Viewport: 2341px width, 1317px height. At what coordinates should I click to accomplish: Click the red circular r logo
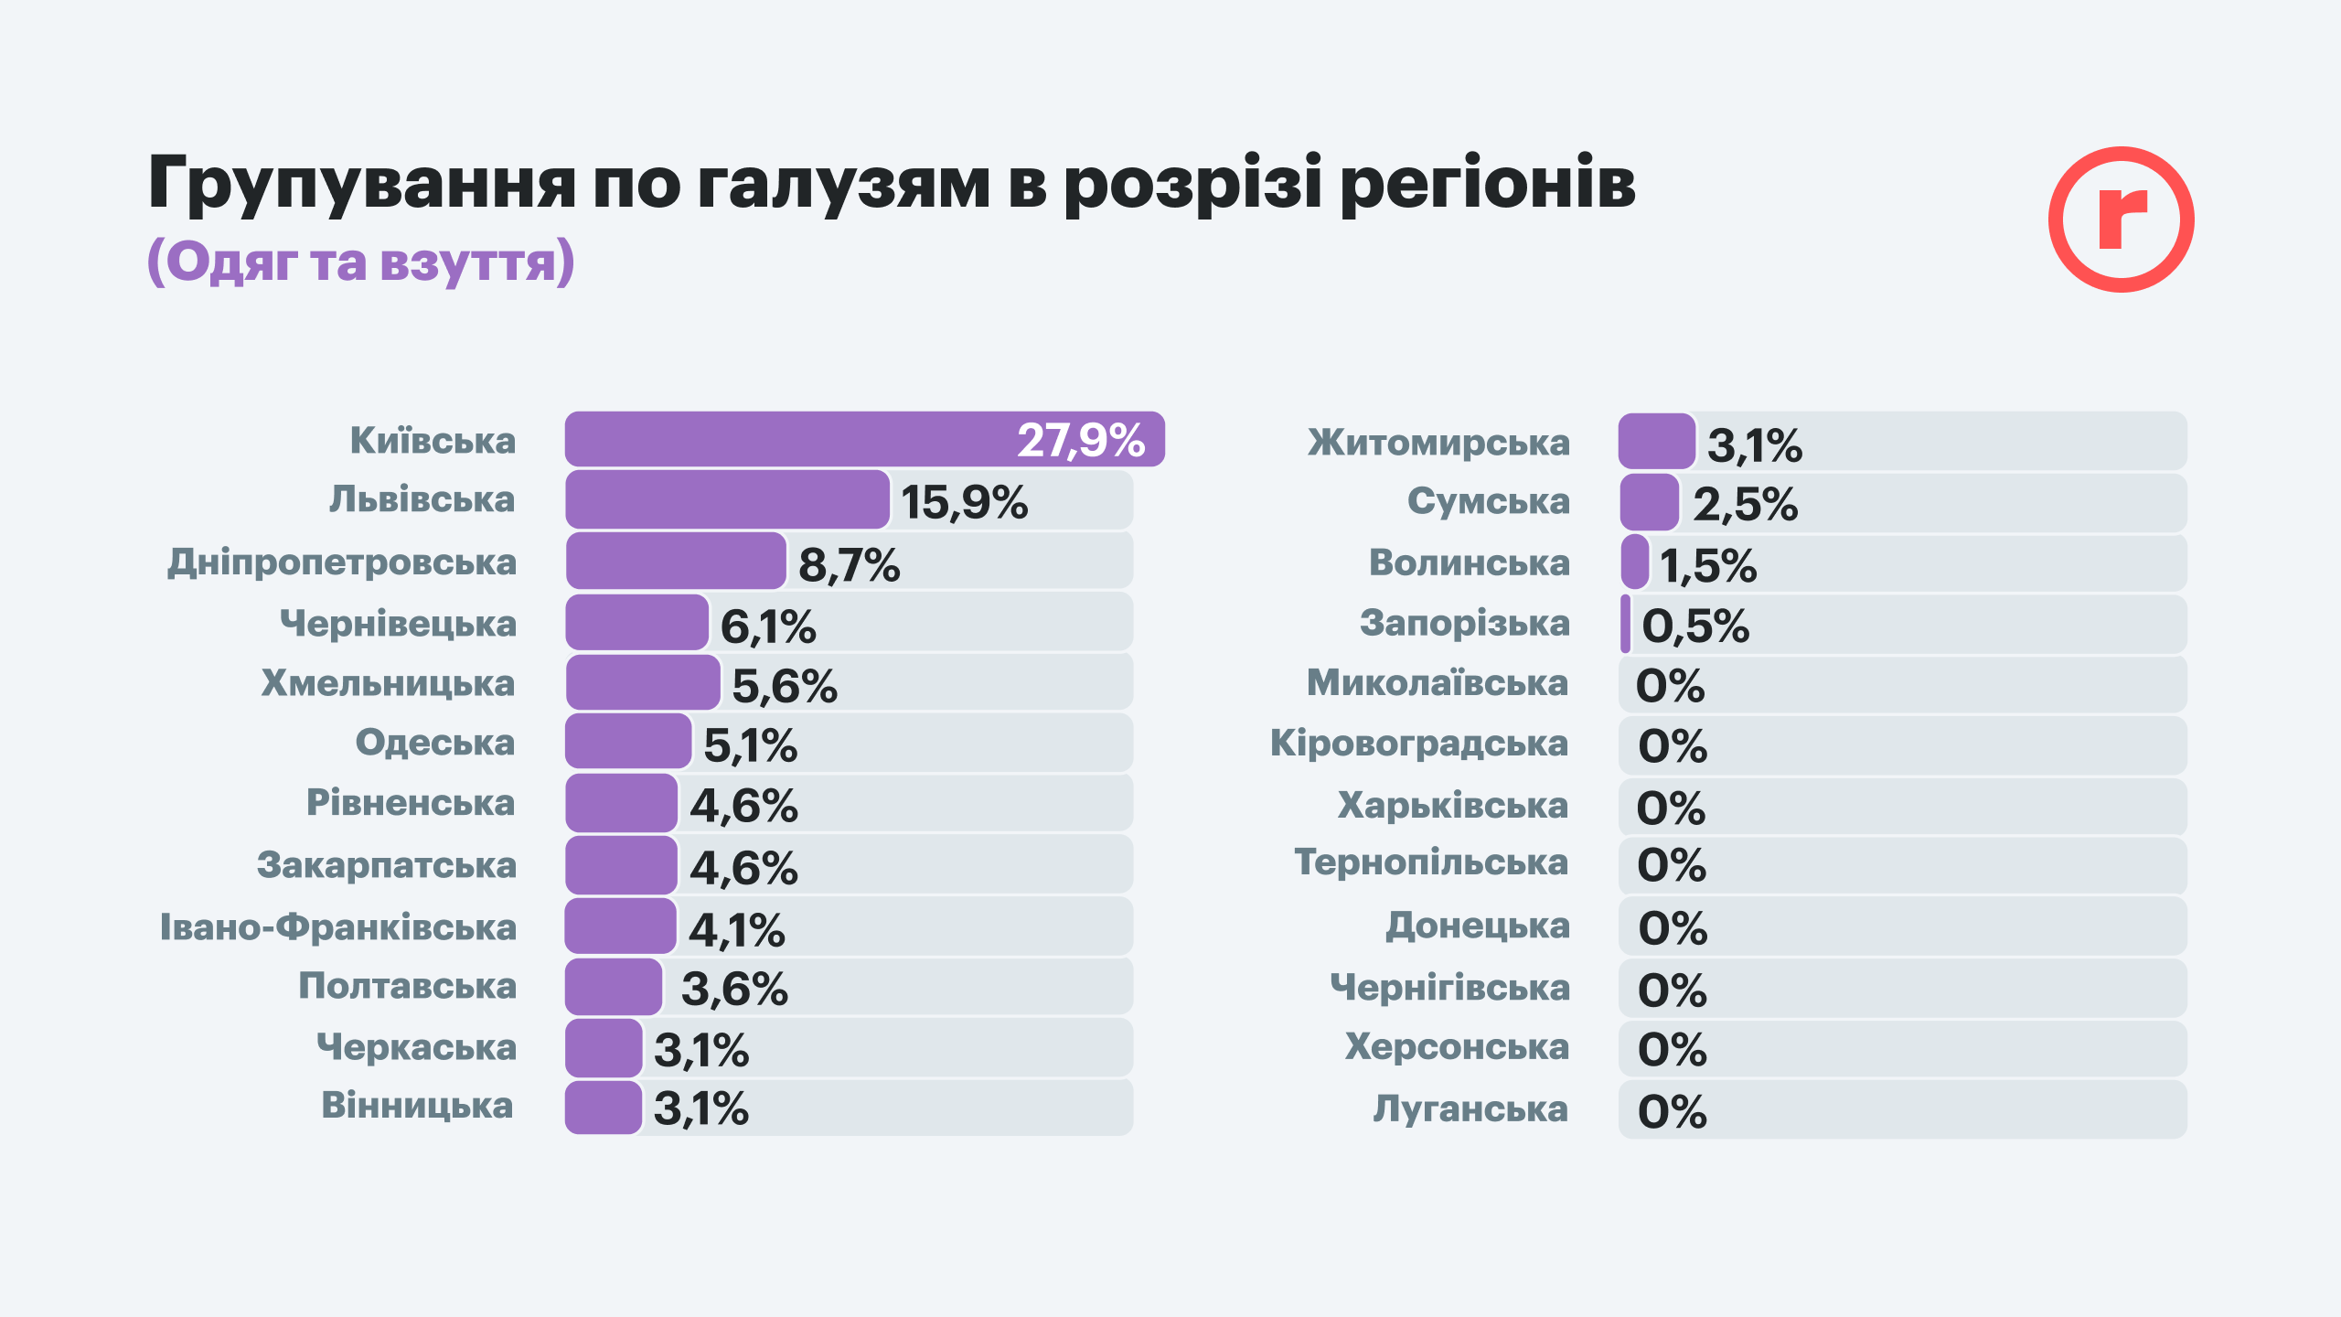[2121, 219]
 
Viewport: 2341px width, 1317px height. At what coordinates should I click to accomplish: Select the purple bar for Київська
[786, 440]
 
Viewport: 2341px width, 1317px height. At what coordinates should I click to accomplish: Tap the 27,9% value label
[1081, 441]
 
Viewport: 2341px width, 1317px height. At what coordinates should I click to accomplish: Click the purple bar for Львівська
[727, 500]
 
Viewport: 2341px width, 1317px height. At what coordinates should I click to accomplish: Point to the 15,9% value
[964, 502]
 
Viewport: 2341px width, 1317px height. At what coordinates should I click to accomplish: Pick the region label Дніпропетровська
[342, 562]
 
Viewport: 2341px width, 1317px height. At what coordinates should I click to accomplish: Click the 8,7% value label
[849, 564]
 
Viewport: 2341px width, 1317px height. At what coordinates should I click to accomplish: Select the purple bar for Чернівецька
[637, 623]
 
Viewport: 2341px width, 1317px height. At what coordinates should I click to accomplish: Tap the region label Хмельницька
[388, 683]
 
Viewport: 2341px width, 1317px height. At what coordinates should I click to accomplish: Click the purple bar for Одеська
[628, 742]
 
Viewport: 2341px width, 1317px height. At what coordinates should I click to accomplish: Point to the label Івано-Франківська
[338, 927]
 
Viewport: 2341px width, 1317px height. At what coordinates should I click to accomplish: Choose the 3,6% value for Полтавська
[734, 989]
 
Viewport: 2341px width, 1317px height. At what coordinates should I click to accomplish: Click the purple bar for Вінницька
[604, 1108]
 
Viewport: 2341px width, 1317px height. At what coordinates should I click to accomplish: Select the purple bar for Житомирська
[1656, 442]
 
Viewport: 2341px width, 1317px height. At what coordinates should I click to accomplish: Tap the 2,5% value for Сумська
[1745, 504]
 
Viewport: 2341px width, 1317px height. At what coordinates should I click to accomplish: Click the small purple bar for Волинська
[1634, 562]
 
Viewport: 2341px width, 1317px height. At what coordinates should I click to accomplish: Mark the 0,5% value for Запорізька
[1694, 626]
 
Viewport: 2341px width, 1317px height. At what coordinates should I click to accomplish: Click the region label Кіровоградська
[1418, 744]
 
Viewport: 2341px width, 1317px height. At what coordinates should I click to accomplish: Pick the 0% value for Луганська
[1672, 1111]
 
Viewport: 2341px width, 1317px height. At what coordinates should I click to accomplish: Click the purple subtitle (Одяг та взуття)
[361, 262]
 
